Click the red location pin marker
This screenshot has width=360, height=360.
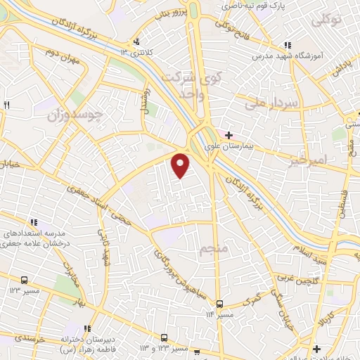181,165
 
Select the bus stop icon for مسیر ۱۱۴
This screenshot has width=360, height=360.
220,304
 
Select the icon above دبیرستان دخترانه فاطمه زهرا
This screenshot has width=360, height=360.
88,328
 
